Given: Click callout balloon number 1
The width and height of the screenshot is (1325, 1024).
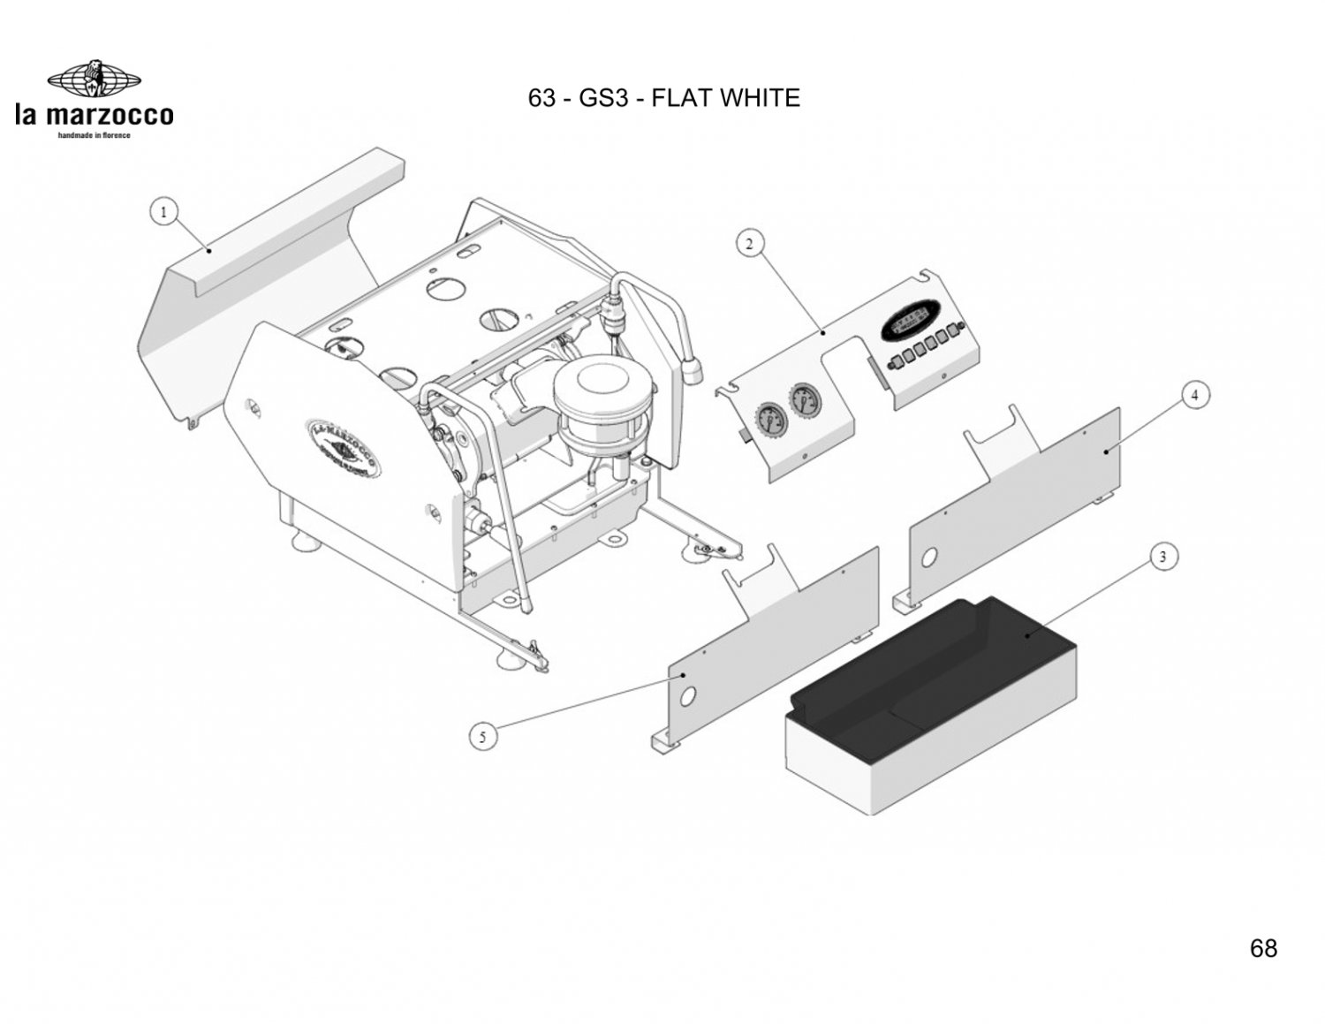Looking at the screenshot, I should tap(163, 212).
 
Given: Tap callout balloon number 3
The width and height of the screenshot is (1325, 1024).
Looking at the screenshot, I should tap(1163, 557).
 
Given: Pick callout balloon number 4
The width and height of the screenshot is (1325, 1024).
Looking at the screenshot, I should tap(1195, 396).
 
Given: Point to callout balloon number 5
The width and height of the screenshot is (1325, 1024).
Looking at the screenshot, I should tap(481, 738).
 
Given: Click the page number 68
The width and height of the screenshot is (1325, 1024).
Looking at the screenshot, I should tap(1263, 949).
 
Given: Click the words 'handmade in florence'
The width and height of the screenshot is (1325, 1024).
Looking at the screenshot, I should tap(94, 135).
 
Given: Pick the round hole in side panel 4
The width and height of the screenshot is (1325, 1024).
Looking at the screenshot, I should tap(929, 558).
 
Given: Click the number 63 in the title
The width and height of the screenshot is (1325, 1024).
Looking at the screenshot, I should tap(541, 98).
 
